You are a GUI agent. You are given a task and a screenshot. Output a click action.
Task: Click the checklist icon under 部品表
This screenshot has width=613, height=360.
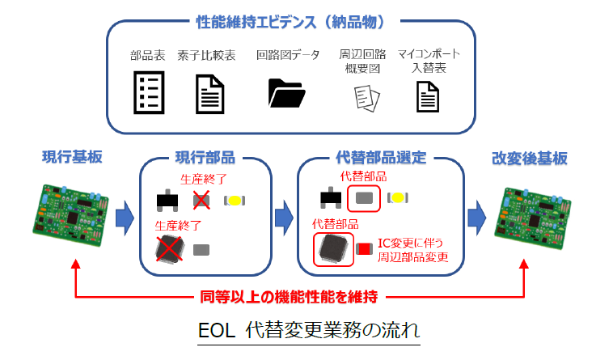pos(149,93)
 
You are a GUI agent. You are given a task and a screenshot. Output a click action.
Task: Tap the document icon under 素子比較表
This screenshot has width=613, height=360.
pos(210,94)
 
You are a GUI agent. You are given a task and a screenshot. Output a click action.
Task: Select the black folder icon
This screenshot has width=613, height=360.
pos(286,93)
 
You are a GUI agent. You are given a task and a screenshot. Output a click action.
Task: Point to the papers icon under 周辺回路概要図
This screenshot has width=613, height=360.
pos(366,99)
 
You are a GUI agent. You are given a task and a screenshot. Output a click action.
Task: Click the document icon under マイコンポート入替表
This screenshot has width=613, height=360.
pos(428,96)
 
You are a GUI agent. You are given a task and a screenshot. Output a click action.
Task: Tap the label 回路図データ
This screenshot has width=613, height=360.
pos(288,55)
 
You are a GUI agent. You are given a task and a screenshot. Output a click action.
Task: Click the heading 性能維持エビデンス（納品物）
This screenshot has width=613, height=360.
pos(290,23)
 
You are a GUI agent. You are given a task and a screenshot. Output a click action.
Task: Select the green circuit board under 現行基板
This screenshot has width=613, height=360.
pos(70,215)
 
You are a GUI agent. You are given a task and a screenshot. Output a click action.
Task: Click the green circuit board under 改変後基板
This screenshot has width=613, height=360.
pos(532,218)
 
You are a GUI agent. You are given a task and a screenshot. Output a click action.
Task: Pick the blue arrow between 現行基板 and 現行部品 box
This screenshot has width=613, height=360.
pos(125,218)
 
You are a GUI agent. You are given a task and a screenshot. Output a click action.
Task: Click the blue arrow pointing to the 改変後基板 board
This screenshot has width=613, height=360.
pos(477,218)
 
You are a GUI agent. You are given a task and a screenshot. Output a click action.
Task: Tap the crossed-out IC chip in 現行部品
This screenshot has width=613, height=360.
pos(169,249)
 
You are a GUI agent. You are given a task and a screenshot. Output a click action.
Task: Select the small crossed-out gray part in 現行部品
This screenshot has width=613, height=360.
pos(201,201)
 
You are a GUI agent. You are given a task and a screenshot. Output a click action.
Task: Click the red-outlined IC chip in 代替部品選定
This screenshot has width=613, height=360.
pos(333,249)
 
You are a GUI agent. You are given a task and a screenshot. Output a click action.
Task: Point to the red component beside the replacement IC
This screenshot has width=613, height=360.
pos(365,249)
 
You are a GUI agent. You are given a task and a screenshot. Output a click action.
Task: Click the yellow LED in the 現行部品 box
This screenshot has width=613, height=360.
pos(235,201)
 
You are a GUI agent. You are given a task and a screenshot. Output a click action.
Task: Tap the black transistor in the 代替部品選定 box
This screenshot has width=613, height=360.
pos(331,197)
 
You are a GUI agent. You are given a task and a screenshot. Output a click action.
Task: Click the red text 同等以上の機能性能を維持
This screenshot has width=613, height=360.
pos(289,297)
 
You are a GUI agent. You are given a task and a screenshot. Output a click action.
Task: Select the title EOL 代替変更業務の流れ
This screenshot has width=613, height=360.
pos(309,331)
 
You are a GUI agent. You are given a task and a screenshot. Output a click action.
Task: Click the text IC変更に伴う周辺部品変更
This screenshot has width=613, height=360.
pos(412,250)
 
